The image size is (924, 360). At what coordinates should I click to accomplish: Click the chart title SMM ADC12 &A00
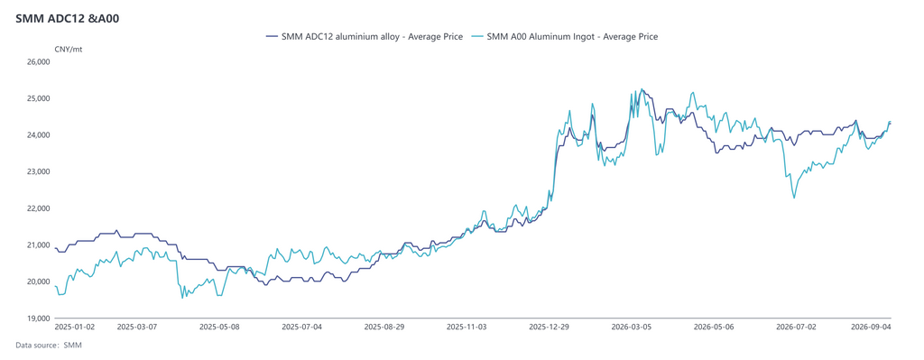tap(69, 18)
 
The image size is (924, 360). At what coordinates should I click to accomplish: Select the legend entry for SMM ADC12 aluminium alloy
tap(364, 36)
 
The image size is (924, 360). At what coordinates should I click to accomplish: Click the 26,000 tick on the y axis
tap(40, 62)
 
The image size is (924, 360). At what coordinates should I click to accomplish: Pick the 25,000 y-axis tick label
tap(40, 98)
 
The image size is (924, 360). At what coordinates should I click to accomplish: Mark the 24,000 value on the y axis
tap(40, 135)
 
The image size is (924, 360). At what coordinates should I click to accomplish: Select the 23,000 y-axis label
tap(40, 171)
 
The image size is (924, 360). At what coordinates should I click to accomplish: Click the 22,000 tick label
tap(40, 208)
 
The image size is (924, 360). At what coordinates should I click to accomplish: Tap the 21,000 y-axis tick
tap(40, 245)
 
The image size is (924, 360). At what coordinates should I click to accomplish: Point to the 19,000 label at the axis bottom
tap(40, 318)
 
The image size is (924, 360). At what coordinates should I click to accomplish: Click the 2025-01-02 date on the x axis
tap(74, 326)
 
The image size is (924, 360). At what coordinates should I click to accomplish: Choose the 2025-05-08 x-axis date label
tap(219, 326)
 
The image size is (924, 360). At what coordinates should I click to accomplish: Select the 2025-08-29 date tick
tap(384, 326)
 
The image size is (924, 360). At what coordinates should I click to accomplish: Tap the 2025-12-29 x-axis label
tap(550, 326)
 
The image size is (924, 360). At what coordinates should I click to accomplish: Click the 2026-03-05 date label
tap(632, 326)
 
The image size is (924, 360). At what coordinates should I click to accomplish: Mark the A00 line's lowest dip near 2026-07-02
tap(794, 198)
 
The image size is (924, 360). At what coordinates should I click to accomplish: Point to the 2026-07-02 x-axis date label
tap(796, 326)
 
